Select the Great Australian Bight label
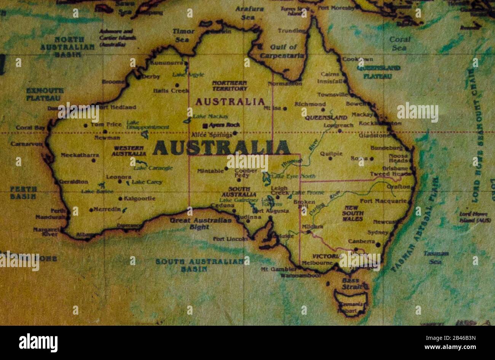click(200, 224)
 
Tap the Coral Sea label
click(399, 43)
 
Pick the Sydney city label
click(378, 232)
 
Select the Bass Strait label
click(351, 284)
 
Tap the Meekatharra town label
click(80, 155)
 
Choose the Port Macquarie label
click(383, 201)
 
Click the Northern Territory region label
click(230, 86)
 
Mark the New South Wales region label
click(353, 213)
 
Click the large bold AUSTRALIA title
click(221, 148)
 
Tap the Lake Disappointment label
click(147, 125)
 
